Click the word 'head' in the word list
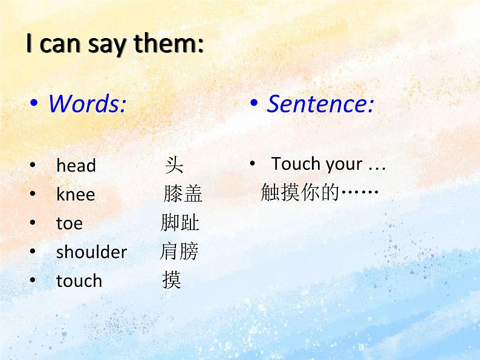pos(76,166)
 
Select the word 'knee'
pos(75,194)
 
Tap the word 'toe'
pos(69,223)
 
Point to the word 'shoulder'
pos(91,252)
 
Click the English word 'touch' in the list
pos(79,281)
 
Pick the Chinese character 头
pos(174,165)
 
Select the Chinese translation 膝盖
pos(183,194)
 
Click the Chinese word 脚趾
pos(180,223)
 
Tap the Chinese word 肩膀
pos(179,251)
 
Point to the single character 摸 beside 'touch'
pos(172,280)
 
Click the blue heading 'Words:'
pos(87,104)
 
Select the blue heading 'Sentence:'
pos(320,104)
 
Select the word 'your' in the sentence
pos(343,164)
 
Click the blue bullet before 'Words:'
pos(34,104)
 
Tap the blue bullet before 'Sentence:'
pos(254,104)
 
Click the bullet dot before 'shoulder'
pos(33,252)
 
